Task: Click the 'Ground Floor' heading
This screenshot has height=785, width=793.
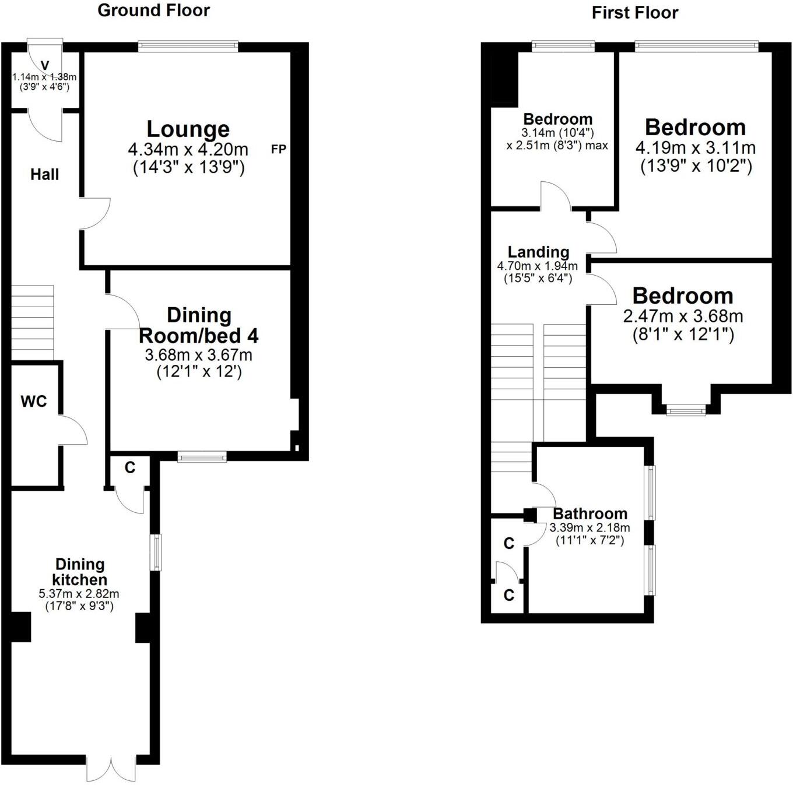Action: (153, 10)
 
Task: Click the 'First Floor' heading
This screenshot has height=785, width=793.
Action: (635, 13)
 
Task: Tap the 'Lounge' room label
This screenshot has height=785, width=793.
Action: (188, 129)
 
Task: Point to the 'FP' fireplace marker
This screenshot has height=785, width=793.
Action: (279, 149)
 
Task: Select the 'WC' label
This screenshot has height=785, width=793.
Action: (34, 402)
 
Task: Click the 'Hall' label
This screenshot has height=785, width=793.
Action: (45, 174)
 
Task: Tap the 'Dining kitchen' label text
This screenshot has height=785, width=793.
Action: (80, 572)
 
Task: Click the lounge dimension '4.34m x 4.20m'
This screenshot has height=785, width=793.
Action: (188, 149)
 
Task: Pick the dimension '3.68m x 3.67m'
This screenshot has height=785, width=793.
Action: (199, 355)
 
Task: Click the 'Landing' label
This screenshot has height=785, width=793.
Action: (538, 252)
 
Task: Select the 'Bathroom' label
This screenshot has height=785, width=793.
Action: (590, 513)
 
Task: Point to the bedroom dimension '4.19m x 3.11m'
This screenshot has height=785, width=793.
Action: (696, 147)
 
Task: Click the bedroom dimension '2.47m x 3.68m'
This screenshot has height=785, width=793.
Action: (683, 316)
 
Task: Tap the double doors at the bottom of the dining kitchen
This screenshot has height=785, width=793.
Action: (111, 768)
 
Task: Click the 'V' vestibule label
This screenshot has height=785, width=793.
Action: (45, 65)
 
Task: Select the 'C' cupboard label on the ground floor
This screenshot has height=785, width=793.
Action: (130, 467)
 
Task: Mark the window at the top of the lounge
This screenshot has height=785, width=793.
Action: (188, 46)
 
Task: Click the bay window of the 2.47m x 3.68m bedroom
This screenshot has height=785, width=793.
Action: (686, 411)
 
